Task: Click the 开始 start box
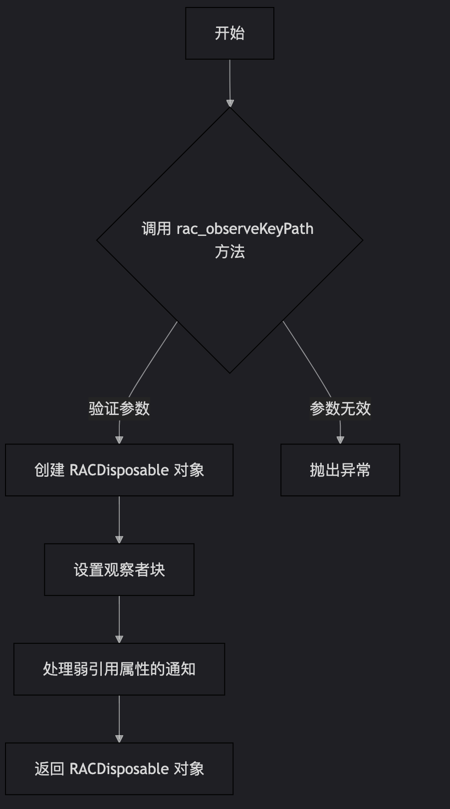pos(229,33)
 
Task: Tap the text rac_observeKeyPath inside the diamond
pos(245,229)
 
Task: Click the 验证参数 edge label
pos(119,408)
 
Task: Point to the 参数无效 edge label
pos(340,408)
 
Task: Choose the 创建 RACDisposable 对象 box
pos(119,470)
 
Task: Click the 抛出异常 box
pos(340,470)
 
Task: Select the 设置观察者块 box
pos(119,570)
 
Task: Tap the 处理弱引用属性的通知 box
pos(119,669)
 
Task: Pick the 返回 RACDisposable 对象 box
pos(119,769)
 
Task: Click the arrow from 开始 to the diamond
pos(230,82)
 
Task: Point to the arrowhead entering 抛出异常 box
pos(340,439)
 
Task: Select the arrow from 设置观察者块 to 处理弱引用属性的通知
pos(119,618)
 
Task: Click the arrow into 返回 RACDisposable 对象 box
pos(119,718)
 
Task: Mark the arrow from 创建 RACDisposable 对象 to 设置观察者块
pos(119,519)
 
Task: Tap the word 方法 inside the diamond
pos(230,252)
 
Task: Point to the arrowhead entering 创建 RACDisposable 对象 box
pos(119,439)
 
